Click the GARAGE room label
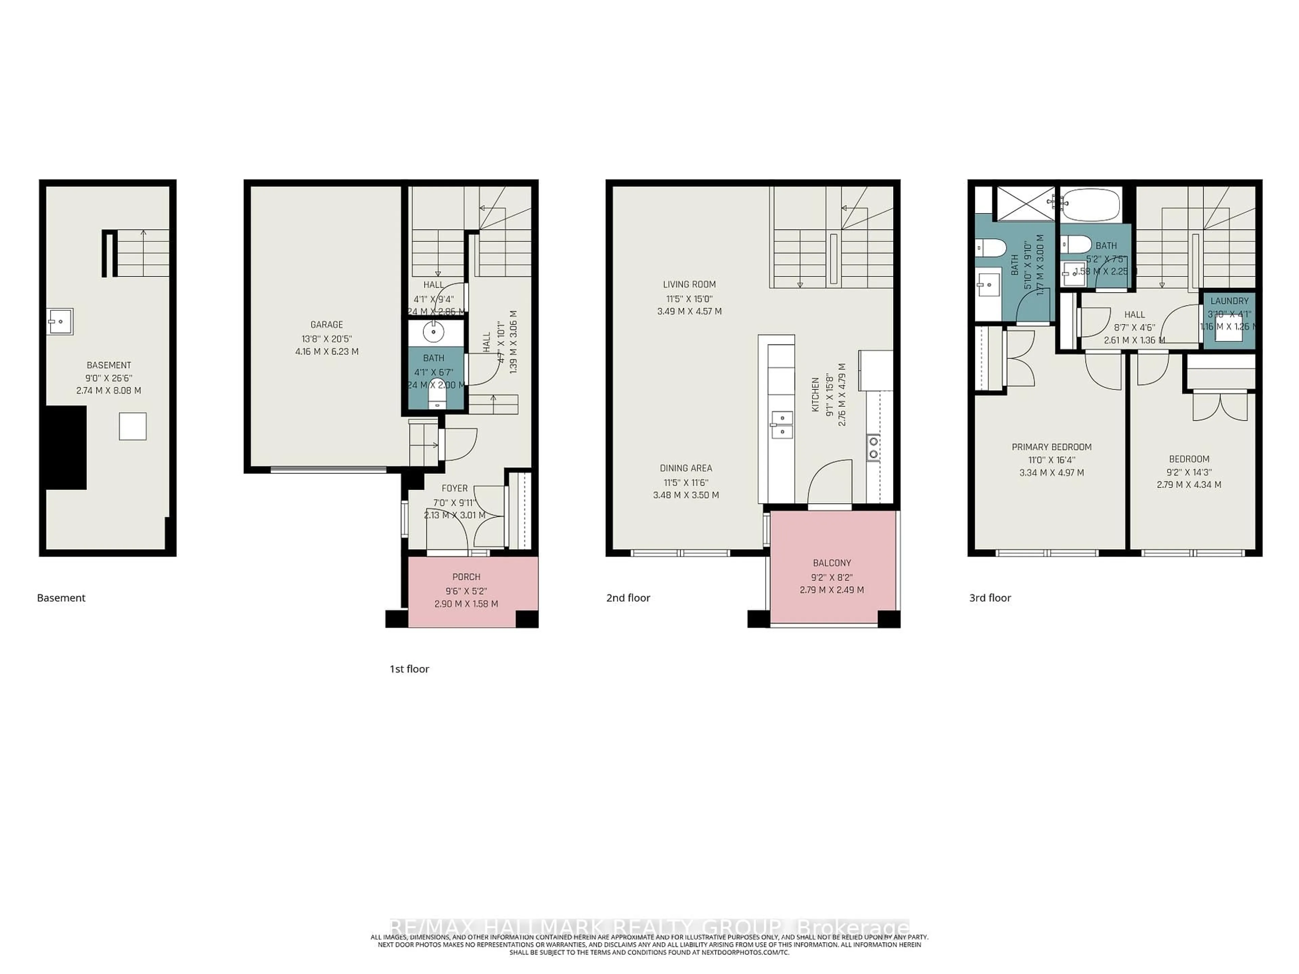point(326,325)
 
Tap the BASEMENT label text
point(109,365)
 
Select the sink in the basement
point(60,322)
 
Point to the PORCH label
point(466,577)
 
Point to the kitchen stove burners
point(873,447)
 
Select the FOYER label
point(455,488)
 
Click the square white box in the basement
point(133,426)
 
